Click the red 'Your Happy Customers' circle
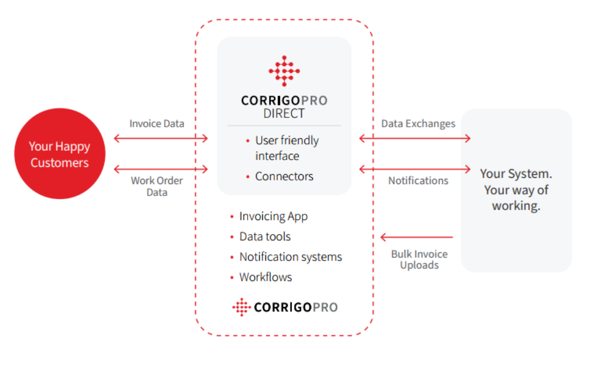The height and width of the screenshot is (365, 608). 60,154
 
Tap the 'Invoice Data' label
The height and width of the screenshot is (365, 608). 156,124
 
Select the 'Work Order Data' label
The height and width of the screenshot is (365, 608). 156,187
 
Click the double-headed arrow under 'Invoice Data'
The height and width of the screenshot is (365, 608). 161,138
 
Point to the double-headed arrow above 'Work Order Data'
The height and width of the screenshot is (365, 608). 161,169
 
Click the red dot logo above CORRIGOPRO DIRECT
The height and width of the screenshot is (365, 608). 284,71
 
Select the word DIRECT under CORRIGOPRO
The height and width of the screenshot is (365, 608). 284,114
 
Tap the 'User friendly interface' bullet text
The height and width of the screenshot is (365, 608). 287,148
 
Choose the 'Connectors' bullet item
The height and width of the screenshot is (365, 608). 284,176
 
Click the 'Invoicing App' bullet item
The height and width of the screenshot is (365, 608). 273,216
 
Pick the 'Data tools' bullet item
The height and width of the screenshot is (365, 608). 265,237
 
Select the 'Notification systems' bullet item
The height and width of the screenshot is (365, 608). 291,257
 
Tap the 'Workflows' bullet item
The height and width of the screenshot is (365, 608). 265,277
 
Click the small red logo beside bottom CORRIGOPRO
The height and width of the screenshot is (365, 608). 241,307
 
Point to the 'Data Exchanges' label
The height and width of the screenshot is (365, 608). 418,124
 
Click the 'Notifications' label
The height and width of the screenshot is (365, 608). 418,181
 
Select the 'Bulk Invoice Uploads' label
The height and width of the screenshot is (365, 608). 419,260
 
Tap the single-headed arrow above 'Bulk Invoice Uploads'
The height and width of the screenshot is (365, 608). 417,237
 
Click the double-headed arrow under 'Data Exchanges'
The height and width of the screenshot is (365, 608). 415,138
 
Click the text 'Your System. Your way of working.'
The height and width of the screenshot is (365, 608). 516,190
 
